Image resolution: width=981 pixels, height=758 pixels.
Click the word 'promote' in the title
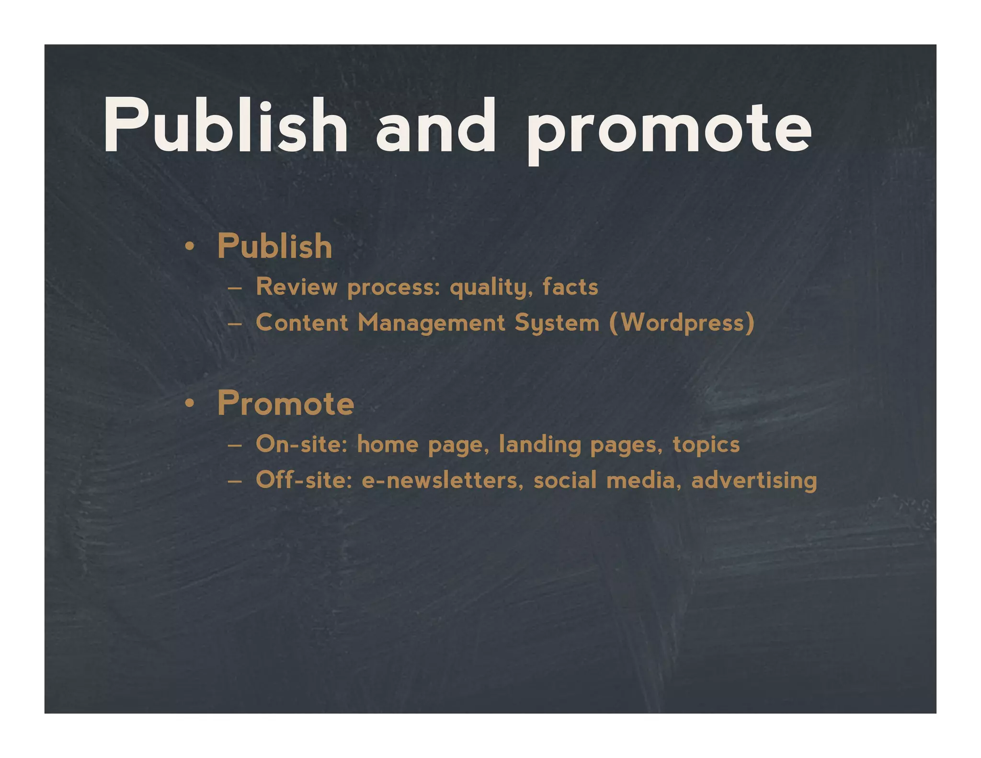(x=669, y=127)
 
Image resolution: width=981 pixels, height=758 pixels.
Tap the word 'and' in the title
(x=435, y=126)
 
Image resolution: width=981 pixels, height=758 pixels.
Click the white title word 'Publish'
(x=225, y=126)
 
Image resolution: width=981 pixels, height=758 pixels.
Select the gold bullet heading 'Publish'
(x=274, y=246)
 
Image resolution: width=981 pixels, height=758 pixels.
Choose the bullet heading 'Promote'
(x=285, y=403)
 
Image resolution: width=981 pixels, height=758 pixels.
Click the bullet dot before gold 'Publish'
(x=190, y=247)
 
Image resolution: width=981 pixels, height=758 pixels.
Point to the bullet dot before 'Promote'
(x=190, y=404)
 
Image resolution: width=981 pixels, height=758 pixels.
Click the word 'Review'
(x=297, y=287)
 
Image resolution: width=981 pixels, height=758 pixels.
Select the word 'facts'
(x=570, y=287)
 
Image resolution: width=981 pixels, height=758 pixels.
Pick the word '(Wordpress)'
(x=682, y=322)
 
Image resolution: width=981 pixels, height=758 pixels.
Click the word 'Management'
(x=431, y=323)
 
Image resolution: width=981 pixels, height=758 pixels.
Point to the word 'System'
(x=557, y=323)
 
